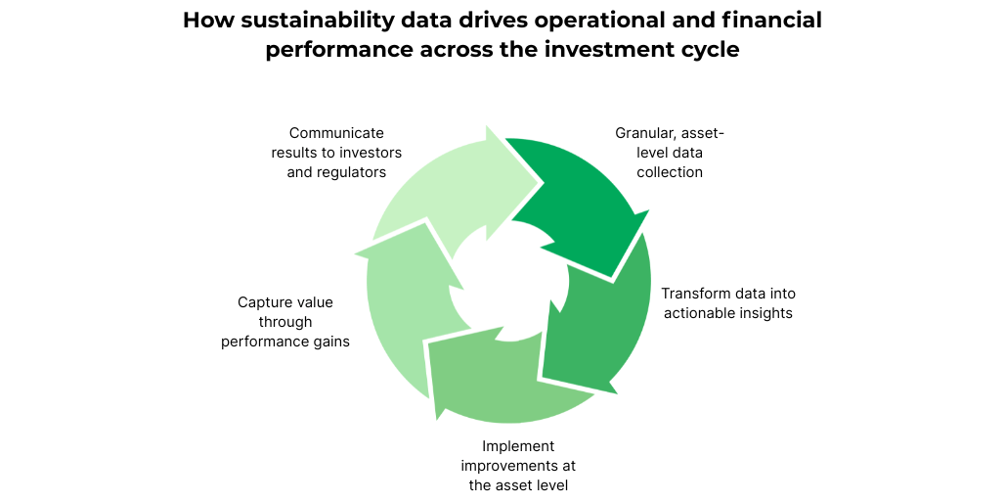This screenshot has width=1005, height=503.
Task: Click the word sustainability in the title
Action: (x=299, y=21)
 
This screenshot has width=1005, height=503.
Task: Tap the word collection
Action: (x=670, y=172)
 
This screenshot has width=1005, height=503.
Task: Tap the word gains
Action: (x=330, y=342)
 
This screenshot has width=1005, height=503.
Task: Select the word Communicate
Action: (x=336, y=132)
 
